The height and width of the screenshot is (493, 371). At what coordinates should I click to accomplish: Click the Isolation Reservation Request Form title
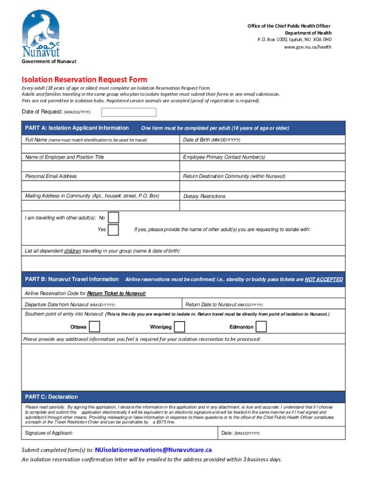coord(84,79)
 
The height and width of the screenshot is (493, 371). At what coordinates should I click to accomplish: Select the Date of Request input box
coord(129,112)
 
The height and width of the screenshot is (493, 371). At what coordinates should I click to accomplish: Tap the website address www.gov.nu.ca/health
coord(307,47)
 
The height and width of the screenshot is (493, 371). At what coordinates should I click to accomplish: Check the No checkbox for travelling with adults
coord(113,218)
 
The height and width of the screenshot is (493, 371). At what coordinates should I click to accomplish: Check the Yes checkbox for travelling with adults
coord(113,230)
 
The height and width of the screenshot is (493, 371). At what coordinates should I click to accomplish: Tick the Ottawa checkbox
coord(95,327)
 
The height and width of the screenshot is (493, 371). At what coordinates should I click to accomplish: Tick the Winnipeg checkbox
coord(179,327)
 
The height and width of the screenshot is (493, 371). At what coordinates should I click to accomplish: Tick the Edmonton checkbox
coord(261,327)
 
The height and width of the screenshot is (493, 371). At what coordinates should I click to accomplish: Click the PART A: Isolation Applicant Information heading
coord(77,128)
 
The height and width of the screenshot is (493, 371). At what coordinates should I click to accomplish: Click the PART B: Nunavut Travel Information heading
coord(72,279)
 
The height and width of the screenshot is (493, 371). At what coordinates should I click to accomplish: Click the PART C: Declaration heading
coord(52,397)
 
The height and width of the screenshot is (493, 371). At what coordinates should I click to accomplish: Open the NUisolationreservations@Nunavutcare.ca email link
coord(153,450)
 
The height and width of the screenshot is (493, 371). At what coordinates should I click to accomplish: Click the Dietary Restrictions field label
coord(204,196)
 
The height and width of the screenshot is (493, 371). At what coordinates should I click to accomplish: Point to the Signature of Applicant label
coord(49,433)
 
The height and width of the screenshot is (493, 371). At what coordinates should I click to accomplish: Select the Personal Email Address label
coord(51,176)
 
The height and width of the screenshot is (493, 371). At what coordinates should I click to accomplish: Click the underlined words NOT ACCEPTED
coord(324,279)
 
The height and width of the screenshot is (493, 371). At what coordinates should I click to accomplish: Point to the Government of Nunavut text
coord(49,62)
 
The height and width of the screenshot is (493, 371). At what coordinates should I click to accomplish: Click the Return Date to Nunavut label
coord(224,305)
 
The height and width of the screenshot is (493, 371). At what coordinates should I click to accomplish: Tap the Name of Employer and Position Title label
coord(65,157)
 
